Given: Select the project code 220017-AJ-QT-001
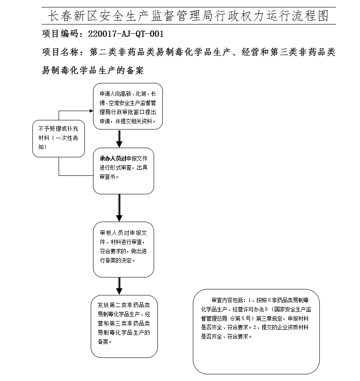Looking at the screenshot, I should coord(126,34).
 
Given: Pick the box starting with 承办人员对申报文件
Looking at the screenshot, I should coord(123,171).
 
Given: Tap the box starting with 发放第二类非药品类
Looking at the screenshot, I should coord(124,326).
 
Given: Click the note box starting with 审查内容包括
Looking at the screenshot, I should coord(256,331).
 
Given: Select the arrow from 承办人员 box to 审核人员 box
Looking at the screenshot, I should coord(119,208).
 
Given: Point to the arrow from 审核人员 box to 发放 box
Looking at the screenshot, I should coord(119,286).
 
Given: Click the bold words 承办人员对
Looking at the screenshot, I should coord(112,158).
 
